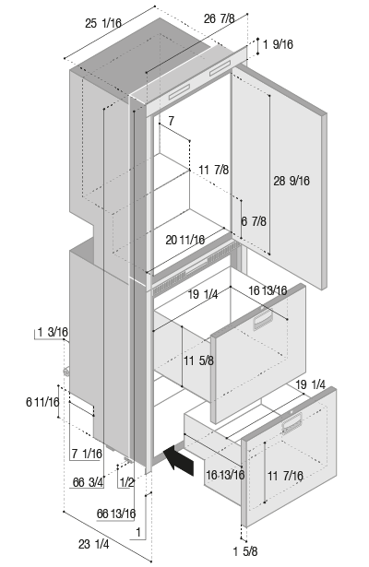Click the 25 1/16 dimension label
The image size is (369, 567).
click(x=103, y=23)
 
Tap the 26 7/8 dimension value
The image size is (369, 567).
click(x=220, y=18)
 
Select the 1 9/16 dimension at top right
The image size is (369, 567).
click(x=278, y=44)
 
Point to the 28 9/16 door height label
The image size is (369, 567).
click(x=292, y=181)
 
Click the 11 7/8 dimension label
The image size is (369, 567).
click(x=213, y=170)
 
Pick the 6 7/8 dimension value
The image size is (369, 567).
click(x=254, y=221)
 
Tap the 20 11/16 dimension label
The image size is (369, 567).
click(x=184, y=240)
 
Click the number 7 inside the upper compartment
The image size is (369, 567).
click(x=171, y=121)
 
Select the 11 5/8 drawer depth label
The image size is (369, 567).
click(x=198, y=360)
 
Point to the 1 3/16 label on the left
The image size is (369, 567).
click(x=53, y=332)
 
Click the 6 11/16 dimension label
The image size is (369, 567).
click(x=42, y=402)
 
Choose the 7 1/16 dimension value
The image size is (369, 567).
click(x=87, y=454)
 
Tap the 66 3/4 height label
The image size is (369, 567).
click(x=88, y=482)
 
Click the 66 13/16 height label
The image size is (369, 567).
click(x=116, y=514)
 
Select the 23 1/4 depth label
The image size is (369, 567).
click(x=94, y=544)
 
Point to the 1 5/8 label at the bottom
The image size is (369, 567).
click(x=245, y=551)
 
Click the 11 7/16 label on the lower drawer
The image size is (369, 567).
click(x=285, y=476)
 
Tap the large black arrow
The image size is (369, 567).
click(x=179, y=460)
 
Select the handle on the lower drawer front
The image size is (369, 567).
click(x=292, y=423)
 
